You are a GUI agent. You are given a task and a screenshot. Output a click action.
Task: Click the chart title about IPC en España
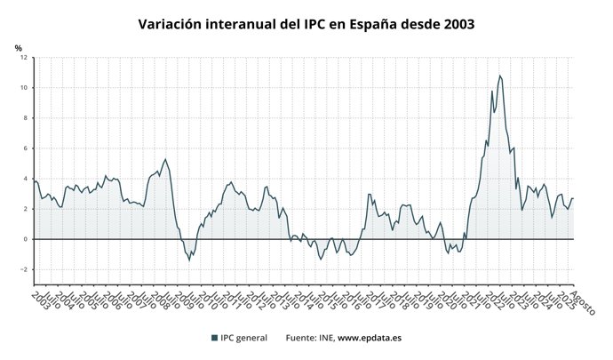[x=306, y=24]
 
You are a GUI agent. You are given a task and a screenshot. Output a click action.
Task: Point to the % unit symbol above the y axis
[x=18, y=48]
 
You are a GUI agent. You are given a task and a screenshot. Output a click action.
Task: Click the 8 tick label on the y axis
[x=26, y=118]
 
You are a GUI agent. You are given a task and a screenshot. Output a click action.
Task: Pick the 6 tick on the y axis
[x=26, y=148]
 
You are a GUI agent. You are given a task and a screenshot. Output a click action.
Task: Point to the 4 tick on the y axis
[x=26, y=179]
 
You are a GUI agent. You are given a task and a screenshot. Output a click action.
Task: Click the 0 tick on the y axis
[x=26, y=239]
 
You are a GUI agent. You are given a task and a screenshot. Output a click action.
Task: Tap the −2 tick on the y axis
[x=24, y=269]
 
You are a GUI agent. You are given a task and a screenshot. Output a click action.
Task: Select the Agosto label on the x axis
[x=582, y=303]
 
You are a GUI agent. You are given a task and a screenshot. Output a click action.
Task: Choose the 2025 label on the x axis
[x=565, y=300]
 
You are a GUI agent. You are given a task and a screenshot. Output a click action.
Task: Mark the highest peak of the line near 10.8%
[x=499, y=76]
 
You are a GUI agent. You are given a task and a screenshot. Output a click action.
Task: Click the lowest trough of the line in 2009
[x=189, y=260]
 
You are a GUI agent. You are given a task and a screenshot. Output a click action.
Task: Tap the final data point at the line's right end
[x=574, y=198]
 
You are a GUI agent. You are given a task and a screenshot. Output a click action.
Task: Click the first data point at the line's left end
[x=34, y=180]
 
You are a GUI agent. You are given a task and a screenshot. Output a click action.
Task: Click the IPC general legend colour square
[x=215, y=338]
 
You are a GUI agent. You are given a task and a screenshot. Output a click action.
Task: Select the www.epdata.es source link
[x=373, y=338]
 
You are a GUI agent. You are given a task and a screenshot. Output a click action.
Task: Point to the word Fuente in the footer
[x=301, y=338]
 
